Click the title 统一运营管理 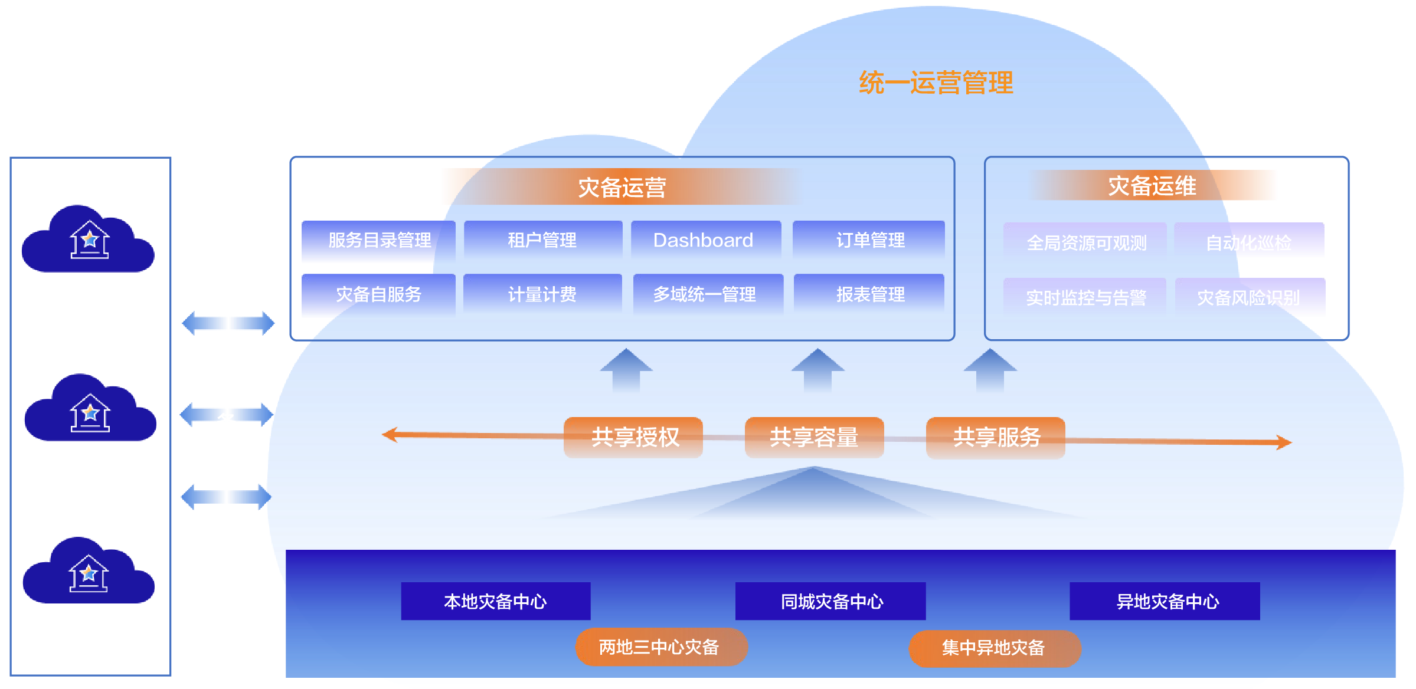(936, 83)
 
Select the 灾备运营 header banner (622, 188)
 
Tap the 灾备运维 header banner (1152, 186)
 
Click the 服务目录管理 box (379, 241)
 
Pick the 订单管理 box (869, 240)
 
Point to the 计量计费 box (542, 294)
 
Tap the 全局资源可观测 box (1085, 242)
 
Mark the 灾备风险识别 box (1249, 297)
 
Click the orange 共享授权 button (633, 438)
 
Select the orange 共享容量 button (814, 438)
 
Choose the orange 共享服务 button (996, 438)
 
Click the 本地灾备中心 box (495, 601)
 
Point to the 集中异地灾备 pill (995, 648)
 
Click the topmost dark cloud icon (89, 239)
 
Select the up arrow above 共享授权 (626, 370)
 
